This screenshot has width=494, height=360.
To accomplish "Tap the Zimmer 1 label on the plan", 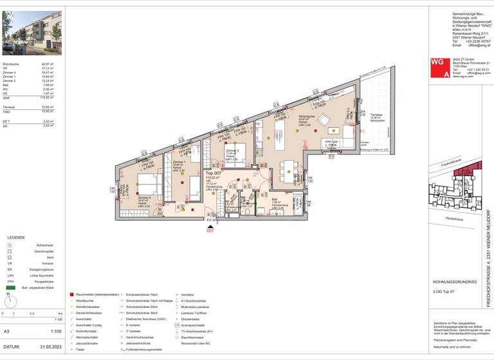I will (x=178, y=162).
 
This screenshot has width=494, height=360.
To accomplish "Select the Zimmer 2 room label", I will (x=232, y=151).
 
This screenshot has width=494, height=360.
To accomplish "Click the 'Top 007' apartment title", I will (x=214, y=174).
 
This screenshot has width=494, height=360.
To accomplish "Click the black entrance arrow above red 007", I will (x=210, y=226).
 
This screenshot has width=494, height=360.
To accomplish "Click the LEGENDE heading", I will (x=15, y=237).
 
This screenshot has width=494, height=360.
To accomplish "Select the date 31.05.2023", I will (x=49, y=346).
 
